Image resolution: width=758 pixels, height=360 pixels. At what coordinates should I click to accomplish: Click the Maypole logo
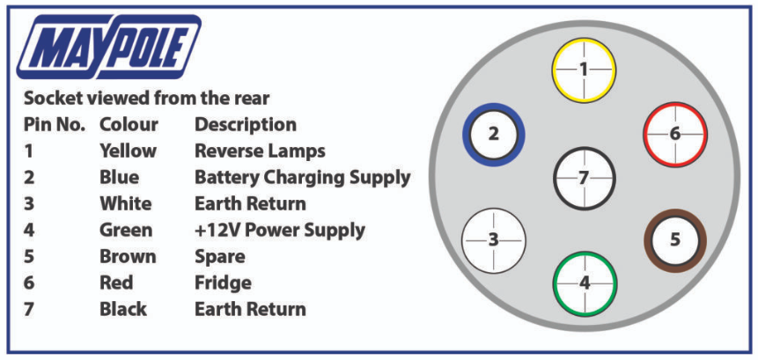[x=109, y=47]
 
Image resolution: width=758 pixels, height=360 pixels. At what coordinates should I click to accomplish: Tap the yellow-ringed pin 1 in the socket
[x=584, y=70]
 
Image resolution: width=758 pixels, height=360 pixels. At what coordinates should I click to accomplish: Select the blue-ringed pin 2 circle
[x=494, y=135]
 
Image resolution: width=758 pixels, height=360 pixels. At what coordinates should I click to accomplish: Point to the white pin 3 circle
[x=494, y=240]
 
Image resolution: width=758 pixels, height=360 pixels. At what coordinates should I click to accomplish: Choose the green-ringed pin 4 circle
[x=585, y=283]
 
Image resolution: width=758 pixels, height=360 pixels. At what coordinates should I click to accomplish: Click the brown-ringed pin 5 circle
[x=675, y=240]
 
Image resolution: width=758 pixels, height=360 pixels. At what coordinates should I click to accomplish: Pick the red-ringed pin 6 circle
[x=675, y=135]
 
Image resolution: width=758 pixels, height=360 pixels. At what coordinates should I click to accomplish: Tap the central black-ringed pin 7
[x=584, y=179]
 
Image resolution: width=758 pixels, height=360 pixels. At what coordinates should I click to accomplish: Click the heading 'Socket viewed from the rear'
[x=146, y=99]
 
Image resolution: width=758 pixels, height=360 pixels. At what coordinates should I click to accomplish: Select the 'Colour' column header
[x=129, y=125]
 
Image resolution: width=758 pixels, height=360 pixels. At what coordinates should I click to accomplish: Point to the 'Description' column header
[x=246, y=125]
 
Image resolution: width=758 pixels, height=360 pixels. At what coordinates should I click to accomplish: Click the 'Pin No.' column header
[x=55, y=125]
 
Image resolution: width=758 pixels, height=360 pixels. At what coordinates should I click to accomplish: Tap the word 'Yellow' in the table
[x=129, y=151]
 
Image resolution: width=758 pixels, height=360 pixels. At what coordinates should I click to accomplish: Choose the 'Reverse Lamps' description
[x=260, y=151]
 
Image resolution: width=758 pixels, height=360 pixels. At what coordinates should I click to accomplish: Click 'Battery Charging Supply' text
[x=303, y=178]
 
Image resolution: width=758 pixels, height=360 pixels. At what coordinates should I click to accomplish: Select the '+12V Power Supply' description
[x=280, y=231]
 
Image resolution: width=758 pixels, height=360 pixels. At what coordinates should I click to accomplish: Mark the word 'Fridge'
[x=223, y=283]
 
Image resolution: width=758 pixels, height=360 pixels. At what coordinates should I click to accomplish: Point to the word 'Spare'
[x=219, y=257]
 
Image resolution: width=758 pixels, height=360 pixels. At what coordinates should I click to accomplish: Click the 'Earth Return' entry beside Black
[x=250, y=309]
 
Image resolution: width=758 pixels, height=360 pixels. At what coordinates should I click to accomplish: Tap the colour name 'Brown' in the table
[x=129, y=257]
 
